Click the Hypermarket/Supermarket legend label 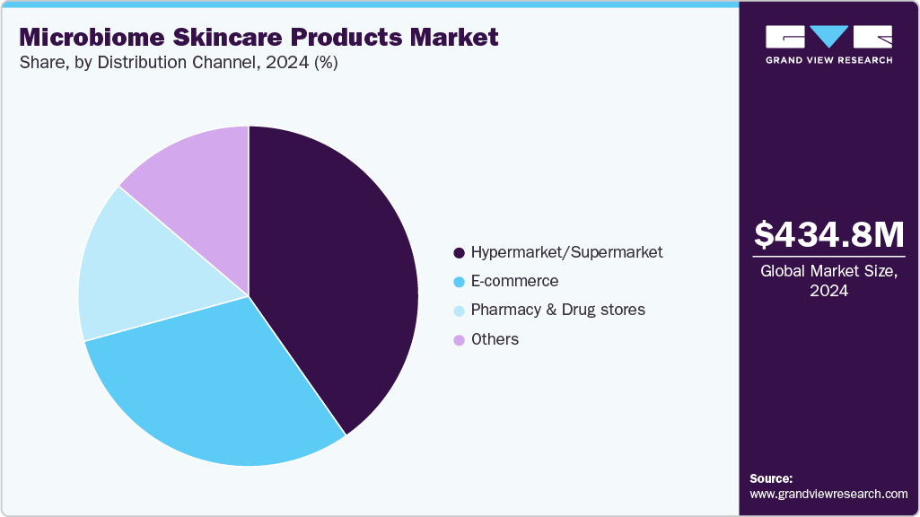566,252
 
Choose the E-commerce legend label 514,281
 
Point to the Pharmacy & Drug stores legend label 557,310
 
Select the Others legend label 495,339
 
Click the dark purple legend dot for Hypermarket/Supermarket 460,253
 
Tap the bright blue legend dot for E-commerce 460,282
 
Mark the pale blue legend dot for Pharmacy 460,311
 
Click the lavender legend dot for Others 460,340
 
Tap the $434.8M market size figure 828,234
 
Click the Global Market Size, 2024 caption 828,281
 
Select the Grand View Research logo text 828,60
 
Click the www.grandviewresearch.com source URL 828,494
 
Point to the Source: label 771,478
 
